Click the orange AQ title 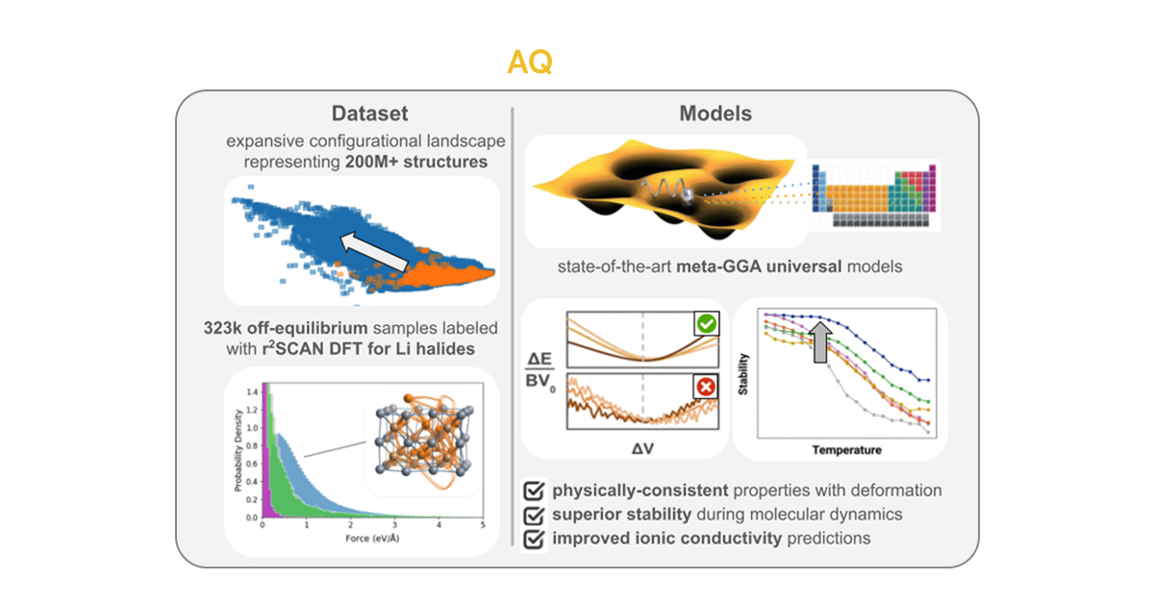[530, 63]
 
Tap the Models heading [715, 113]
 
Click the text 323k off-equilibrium [318, 328]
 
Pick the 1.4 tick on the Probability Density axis [253, 392]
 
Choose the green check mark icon [705, 326]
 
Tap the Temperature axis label [846, 449]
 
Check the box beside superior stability [534, 515]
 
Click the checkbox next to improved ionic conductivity [534, 539]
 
